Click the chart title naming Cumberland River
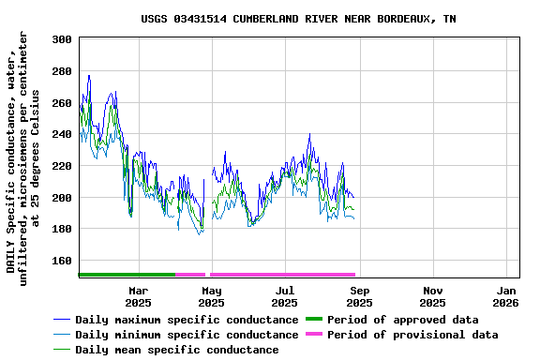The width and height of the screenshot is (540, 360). [299, 19]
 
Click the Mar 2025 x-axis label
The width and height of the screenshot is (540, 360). [138, 296]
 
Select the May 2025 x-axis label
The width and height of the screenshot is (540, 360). [211, 296]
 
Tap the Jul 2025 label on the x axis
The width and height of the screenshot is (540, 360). [285, 296]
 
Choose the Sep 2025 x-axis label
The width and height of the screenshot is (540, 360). [359, 296]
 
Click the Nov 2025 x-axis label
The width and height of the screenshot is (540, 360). [432, 296]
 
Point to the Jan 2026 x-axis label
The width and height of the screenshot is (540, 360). [506, 296]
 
